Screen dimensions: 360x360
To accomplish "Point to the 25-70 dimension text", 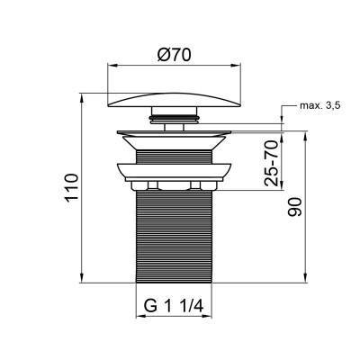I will point(270,162).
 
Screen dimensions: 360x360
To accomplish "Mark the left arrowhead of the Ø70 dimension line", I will point(112,65).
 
